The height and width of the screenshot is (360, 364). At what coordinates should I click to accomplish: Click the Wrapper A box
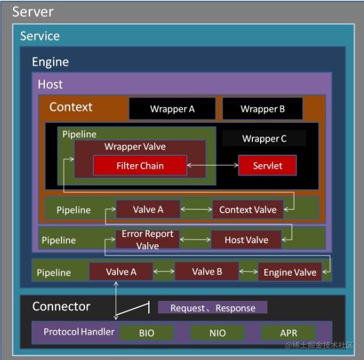(x=172, y=109)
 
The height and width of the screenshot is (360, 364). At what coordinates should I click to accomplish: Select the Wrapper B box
(x=262, y=109)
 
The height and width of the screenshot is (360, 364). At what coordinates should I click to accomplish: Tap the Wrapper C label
(x=264, y=139)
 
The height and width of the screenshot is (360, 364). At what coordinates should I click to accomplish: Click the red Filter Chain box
(x=140, y=166)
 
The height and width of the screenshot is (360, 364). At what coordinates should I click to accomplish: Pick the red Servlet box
(x=267, y=166)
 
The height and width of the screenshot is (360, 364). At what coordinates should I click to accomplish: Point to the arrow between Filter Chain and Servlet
(x=213, y=166)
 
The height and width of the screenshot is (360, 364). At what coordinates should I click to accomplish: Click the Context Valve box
(x=248, y=210)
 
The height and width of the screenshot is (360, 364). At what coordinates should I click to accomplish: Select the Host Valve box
(x=246, y=240)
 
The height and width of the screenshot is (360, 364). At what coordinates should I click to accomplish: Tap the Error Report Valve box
(x=147, y=240)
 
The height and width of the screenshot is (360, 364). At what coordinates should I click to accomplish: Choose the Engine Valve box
(x=290, y=272)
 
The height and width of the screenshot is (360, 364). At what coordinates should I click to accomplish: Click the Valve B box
(x=207, y=271)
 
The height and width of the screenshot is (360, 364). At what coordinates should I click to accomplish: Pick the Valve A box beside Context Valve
(x=148, y=210)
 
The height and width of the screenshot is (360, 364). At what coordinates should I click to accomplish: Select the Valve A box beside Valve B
(x=121, y=271)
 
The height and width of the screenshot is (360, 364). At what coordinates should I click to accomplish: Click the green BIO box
(x=147, y=333)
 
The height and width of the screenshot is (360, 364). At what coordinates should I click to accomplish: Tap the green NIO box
(x=217, y=333)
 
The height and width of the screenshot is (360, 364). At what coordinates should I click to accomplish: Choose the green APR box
(x=288, y=333)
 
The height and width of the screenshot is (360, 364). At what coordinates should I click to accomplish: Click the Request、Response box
(x=213, y=307)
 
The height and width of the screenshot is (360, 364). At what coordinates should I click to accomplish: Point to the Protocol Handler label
(x=79, y=332)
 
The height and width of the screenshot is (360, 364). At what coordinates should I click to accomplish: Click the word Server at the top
(x=33, y=11)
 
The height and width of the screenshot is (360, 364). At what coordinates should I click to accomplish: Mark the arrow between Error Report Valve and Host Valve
(x=195, y=240)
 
